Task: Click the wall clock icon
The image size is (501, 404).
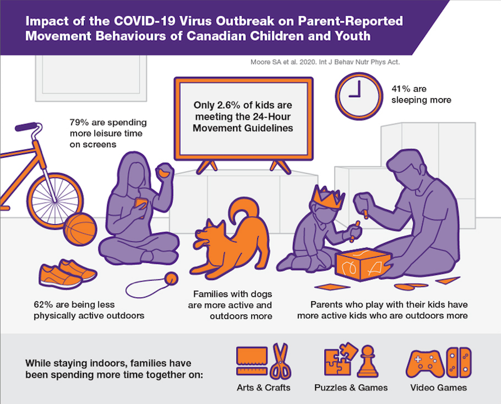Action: tap(359, 96)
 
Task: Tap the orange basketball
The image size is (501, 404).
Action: tap(80, 229)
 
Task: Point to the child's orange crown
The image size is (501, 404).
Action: tap(328, 197)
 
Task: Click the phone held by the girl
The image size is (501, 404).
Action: tap(140, 205)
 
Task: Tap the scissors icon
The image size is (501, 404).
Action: tap(281, 361)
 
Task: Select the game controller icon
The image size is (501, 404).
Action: tap(425, 364)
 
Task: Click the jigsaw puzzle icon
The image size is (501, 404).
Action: tap(341, 360)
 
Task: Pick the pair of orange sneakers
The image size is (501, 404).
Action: tap(68, 274)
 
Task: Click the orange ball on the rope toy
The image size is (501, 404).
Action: tap(171, 278)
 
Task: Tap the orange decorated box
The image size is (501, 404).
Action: tap(363, 265)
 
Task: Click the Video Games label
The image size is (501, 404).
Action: tap(438, 388)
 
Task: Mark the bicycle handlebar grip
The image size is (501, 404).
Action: tap(26, 127)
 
